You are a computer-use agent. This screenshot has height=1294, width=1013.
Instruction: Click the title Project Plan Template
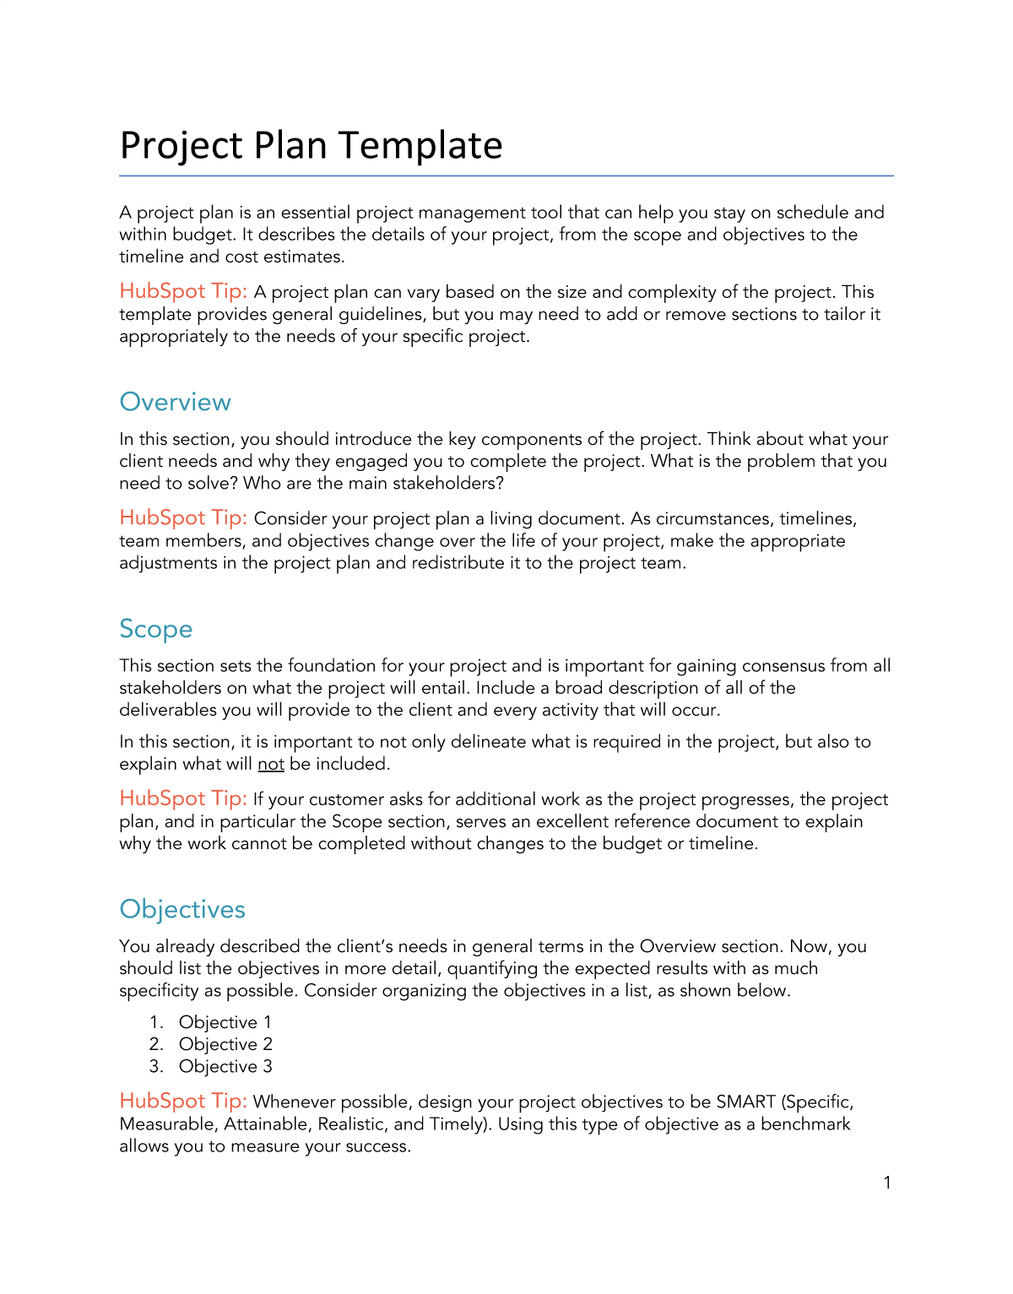(311, 145)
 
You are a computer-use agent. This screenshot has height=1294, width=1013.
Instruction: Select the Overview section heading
(175, 402)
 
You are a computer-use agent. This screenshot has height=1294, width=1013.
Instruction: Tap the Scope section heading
(155, 629)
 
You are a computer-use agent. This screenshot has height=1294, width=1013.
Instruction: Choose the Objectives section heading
(182, 909)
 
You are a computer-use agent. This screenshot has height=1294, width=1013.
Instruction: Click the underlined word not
(271, 764)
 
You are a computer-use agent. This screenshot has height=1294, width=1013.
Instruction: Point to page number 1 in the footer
(887, 1183)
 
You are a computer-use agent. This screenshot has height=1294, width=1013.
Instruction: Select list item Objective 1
(225, 1022)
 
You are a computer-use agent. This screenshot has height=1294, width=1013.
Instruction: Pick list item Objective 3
(225, 1066)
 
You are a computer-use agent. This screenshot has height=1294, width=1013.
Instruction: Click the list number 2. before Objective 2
(156, 1044)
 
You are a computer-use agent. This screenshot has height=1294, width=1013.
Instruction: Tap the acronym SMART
(745, 1102)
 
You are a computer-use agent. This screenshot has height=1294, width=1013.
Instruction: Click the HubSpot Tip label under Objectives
(183, 1101)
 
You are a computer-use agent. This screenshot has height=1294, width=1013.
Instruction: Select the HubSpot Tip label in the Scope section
(183, 799)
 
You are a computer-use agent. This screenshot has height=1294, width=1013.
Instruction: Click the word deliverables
(168, 710)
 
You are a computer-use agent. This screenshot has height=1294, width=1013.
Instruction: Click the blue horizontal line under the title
(506, 176)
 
